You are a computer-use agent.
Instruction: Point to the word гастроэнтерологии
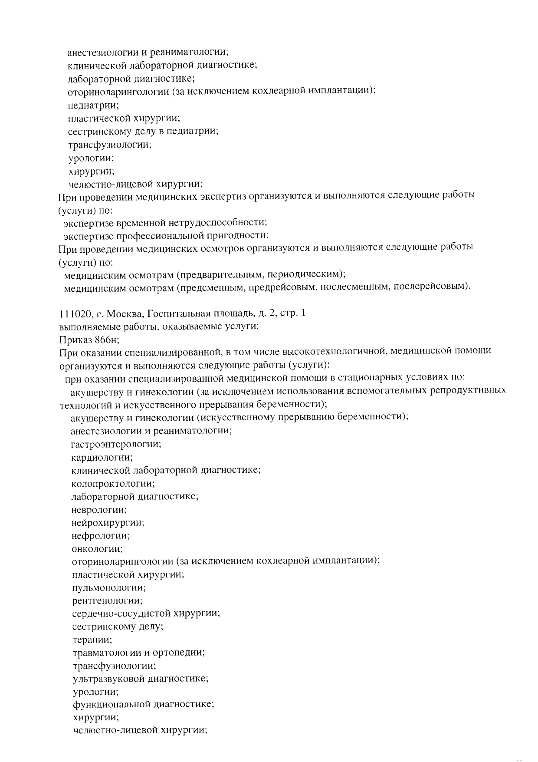click(x=116, y=444)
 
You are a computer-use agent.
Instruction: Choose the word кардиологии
click(x=102, y=457)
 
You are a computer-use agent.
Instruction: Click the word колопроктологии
click(x=113, y=483)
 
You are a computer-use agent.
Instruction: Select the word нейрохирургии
click(x=108, y=523)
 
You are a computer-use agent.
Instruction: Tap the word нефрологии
click(x=100, y=536)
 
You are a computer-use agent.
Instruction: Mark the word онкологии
click(x=97, y=549)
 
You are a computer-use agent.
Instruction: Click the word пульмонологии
click(x=108, y=588)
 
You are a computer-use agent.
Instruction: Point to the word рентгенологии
click(x=107, y=601)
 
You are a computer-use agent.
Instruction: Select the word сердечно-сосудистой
click(x=121, y=614)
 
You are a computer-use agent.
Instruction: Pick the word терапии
click(x=92, y=640)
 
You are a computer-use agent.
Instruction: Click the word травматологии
click(x=106, y=653)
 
